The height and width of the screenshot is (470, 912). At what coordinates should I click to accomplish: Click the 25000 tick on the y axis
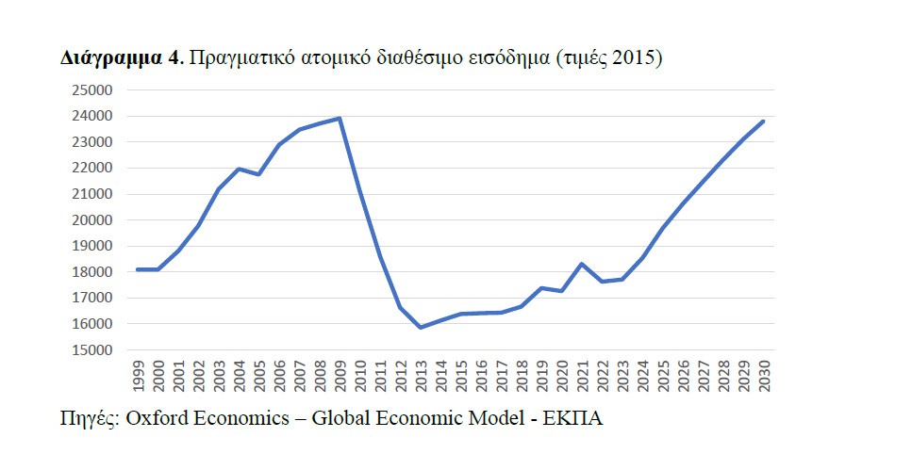91,90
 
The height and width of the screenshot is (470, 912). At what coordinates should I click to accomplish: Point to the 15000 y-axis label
91,350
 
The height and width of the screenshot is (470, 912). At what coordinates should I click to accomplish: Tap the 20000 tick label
91,220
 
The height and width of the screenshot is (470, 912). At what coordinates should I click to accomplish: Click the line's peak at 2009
340,119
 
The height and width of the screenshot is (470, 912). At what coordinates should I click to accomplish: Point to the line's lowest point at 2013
420,327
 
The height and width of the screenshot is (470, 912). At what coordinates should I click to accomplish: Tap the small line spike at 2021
582,264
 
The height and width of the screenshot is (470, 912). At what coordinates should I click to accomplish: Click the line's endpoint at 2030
763,121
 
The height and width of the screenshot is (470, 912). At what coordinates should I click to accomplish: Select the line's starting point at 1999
138,269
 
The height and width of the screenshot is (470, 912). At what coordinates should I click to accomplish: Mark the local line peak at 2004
239,169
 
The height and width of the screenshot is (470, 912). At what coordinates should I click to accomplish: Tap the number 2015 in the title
633,58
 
